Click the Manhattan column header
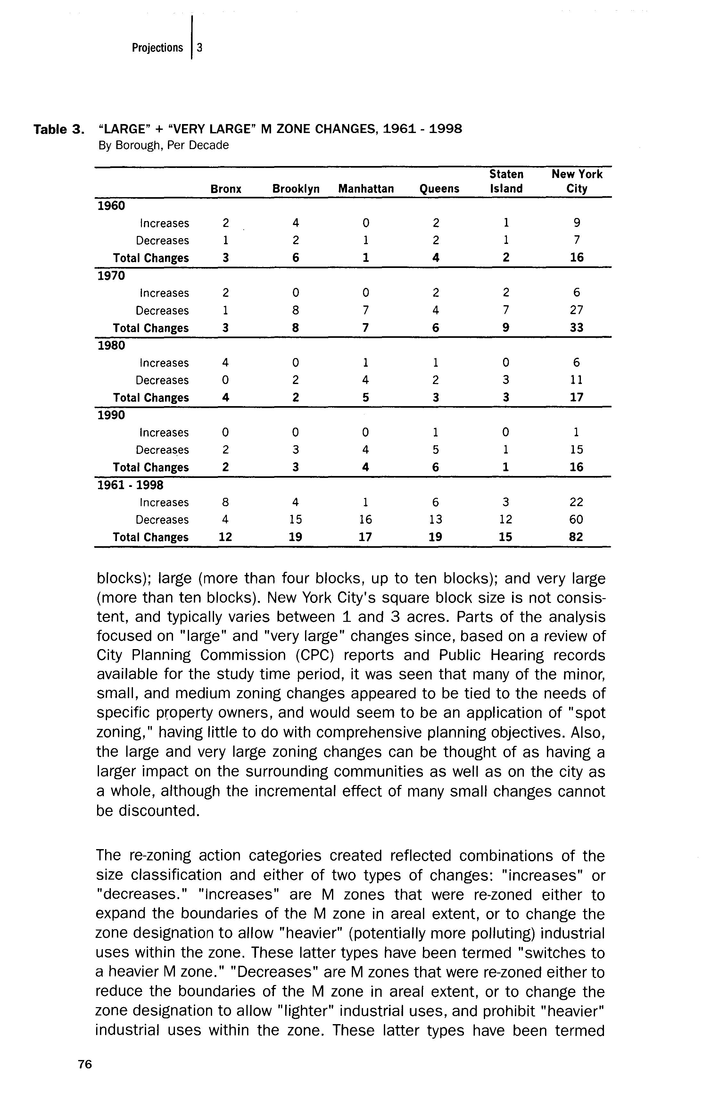[366, 189]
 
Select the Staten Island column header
[506, 181]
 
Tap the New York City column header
[577, 181]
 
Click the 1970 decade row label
[111, 276]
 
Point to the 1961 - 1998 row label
[130, 485]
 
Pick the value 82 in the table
[576, 537]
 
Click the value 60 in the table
[576, 519]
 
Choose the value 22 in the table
[576, 502]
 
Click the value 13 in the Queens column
[435, 519]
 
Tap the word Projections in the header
[157, 48]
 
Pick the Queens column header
[439, 189]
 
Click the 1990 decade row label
[111, 415]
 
